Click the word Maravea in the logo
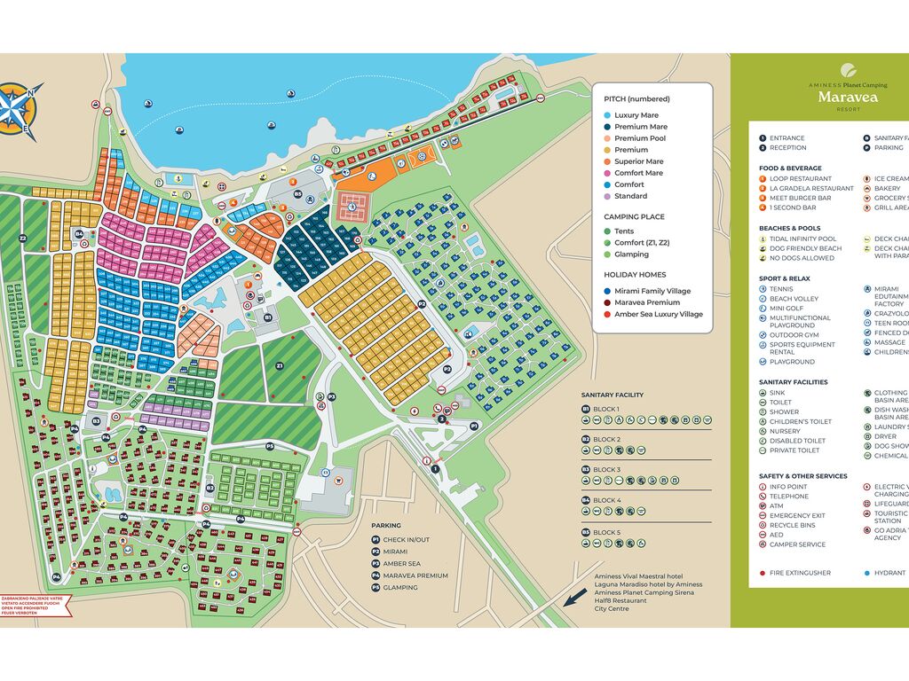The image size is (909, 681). coord(848,97)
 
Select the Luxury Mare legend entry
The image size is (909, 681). coord(636,115)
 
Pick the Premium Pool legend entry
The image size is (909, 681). coord(639,138)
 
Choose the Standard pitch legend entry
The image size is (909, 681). coord(630,196)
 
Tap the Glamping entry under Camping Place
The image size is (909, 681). coord(631,254)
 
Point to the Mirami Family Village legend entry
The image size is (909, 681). coord(652,291)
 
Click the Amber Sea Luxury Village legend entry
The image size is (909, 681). coord(658,314)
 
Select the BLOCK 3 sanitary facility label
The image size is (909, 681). coord(606,470)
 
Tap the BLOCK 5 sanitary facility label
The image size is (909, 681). coord(606,532)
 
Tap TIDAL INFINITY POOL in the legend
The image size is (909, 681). coord(802,239)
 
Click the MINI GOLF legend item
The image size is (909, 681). coord(786,309)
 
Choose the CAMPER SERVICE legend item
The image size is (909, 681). coord(797,544)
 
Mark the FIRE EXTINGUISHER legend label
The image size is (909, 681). coord(800,573)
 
